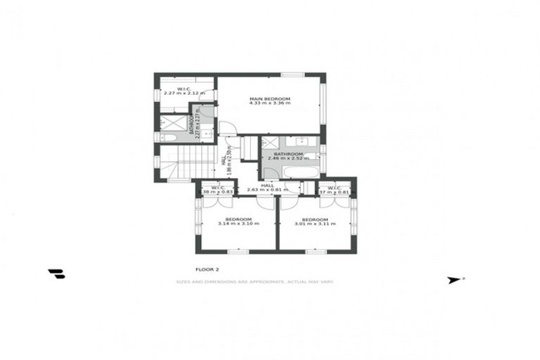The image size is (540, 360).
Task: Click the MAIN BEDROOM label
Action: click(x=270, y=98)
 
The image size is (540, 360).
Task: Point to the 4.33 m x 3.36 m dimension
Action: click(x=270, y=103)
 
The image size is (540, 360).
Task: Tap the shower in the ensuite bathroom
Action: click(x=172, y=123)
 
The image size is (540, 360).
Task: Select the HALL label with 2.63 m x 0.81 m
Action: click(x=268, y=188)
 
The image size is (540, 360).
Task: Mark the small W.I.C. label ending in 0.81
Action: click(x=333, y=190)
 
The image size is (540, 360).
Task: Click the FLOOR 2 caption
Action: click(x=207, y=269)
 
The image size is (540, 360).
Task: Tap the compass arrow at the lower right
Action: click(x=454, y=280)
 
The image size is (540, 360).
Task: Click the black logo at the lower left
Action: click(x=56, y=274)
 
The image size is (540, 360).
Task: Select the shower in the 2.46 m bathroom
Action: click(x=271, y=144)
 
